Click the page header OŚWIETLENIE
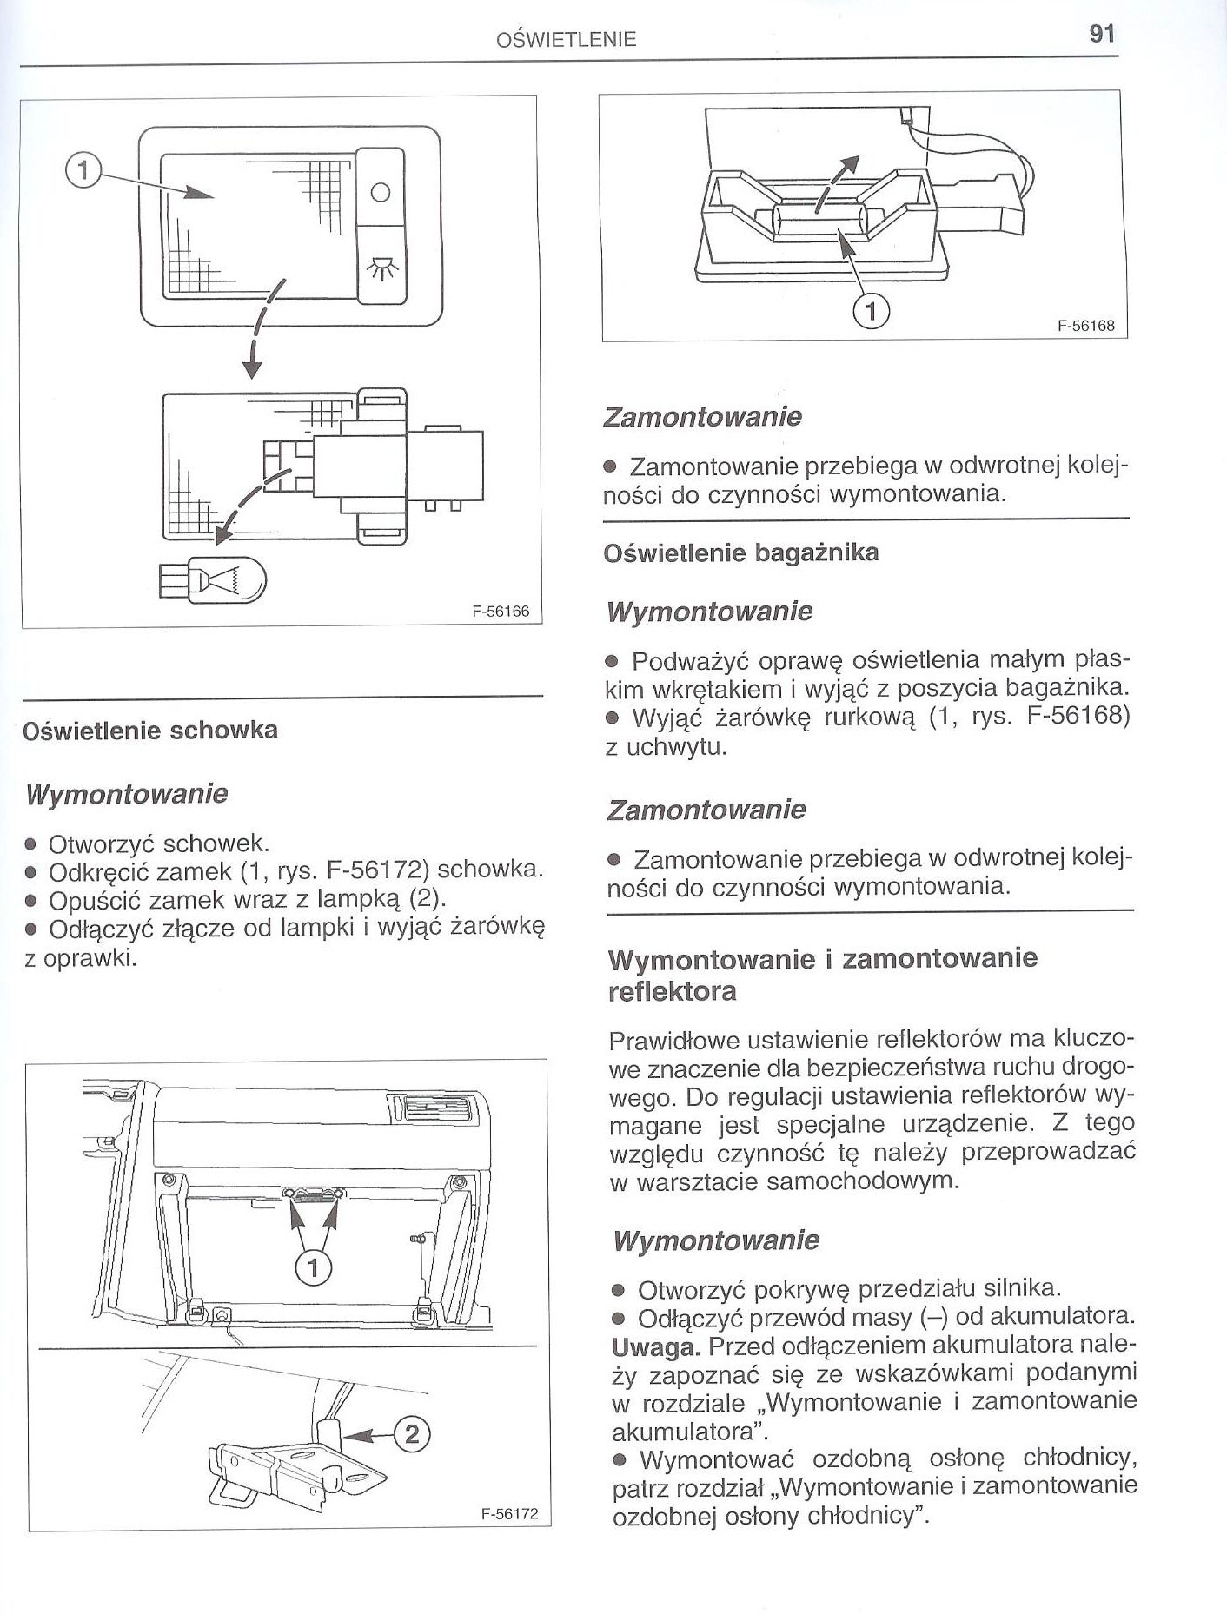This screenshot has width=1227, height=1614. point(566,39)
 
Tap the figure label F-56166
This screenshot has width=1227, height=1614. point(501,611)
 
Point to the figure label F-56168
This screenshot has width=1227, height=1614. point(1086,327)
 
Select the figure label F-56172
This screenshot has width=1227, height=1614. point(510,1514)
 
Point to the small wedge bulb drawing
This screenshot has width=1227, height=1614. point(213,577)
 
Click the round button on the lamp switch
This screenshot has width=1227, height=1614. point(381,192)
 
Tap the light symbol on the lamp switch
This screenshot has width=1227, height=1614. point(381,271)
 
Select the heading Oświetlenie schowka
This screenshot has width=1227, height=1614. point(150,730)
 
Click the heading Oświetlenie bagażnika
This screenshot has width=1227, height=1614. point(741,552)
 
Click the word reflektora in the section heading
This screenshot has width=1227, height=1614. point(672,990)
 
